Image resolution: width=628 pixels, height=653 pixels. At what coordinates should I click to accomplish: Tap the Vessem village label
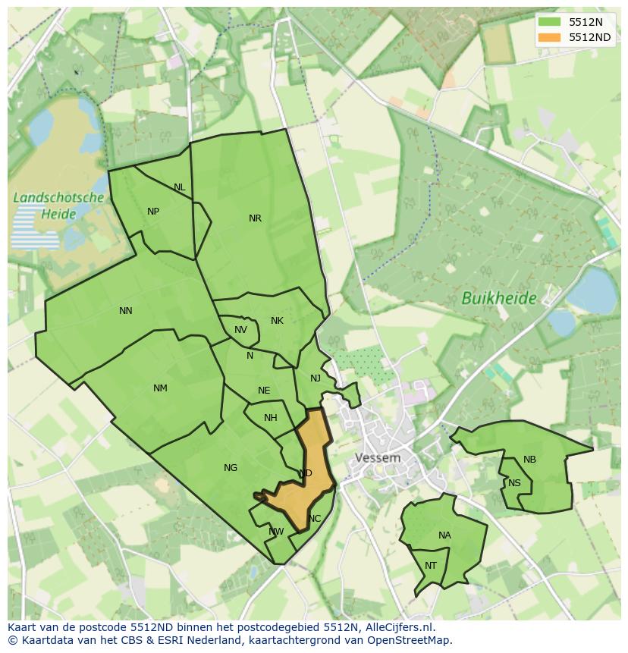click(x=378, y=458)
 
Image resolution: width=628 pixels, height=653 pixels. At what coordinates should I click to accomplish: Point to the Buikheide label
click(x=498, y=298)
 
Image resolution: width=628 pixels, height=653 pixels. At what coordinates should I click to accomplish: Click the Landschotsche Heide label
click(x=58, y=206)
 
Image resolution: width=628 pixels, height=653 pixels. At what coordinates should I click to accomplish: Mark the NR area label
click(x=255, y=218)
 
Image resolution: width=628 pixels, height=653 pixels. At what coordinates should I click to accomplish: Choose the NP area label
click(x=153, y=212)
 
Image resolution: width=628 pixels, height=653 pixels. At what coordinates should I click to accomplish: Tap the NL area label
click(x=179, y=187)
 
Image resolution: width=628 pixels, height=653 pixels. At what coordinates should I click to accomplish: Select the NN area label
click(x=126, y=310)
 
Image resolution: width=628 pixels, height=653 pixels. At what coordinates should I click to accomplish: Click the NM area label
click(x=160, y=388)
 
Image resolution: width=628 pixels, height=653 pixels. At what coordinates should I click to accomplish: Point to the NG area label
click(x=231, y=468)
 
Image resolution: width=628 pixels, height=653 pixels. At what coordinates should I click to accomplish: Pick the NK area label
click(x=277, y=321)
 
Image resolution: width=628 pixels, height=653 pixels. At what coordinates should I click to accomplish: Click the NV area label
click(x=240, y=330)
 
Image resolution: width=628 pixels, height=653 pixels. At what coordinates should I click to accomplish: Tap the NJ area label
click(x=316, y=378)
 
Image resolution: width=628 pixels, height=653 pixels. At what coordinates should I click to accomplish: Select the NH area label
click(x=271, y=418)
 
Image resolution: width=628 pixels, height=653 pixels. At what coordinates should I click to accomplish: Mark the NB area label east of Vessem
click(x=529, y=460)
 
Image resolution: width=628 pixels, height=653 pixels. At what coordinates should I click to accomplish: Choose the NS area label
click(x=514, y=483)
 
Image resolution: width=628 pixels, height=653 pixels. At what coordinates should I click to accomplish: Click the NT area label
click(x=431, y=566)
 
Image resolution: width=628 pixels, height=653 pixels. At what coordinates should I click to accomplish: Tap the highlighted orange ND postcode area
click(x=311, y=455)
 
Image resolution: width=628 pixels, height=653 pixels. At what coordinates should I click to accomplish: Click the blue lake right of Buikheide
click(x=591, y=290)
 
